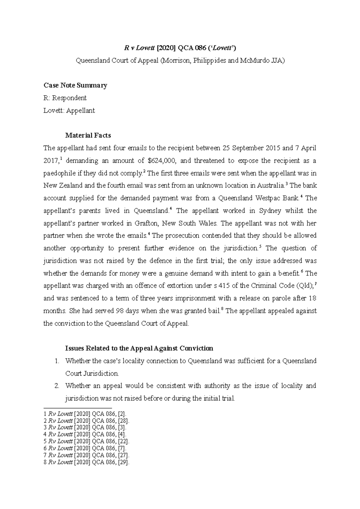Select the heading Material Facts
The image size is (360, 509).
(88, 135)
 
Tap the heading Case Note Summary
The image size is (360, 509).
(75, 85)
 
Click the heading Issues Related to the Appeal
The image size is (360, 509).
(139, 348)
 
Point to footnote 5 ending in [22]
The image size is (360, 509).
(86, 442)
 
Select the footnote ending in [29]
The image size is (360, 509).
(86, 463)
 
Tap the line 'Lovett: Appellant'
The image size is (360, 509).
(69, 111)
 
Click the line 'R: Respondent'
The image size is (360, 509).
(65, 98)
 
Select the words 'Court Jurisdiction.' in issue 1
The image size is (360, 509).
(92, 374)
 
